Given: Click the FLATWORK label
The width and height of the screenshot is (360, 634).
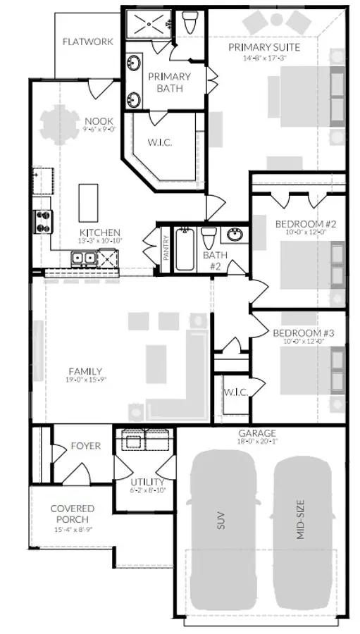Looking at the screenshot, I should click(x=87, y=42).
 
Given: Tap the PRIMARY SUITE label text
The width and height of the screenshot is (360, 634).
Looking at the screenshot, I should click(x=264, y=47).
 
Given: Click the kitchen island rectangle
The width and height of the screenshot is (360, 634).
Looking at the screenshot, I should click(x=88, y=203).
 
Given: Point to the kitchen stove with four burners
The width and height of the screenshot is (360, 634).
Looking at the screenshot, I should click(x=42, y=221).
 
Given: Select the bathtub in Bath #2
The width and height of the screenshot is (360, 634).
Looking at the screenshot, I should click(x=184, y=249).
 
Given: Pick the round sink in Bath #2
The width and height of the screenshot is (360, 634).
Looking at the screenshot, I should click(x=235, y=235).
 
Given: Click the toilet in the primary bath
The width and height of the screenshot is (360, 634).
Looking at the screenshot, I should click(x=189, y=23).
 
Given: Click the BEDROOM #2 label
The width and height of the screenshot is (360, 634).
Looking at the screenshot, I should click(x=305, y=225).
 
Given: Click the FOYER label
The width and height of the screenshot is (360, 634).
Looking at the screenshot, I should click(x=85, y=446).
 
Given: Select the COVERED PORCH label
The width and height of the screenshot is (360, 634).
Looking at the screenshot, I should click(x=72, y=514).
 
